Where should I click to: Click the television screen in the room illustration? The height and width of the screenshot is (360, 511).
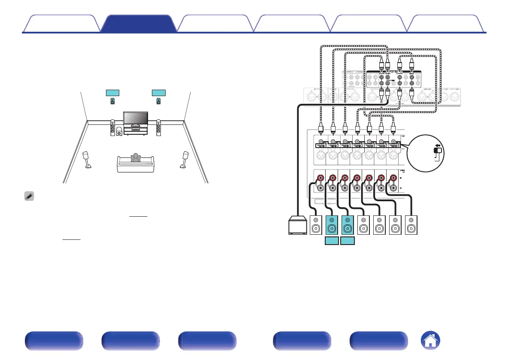pyautogui.click(x=136, y=118)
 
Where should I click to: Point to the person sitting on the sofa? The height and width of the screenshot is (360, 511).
pyautogui.click(x=136, y=158)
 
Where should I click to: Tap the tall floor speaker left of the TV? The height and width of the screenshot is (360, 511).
pyautogui.click(x=113, y=128)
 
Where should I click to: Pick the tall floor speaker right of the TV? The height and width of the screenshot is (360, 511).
pyautogui.click(x=159, y=128)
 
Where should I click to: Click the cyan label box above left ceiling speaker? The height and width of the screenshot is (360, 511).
pyautogui.click(x=112, y=93)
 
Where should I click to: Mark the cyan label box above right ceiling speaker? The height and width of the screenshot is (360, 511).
pyautogui.click(x=159, y=93)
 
